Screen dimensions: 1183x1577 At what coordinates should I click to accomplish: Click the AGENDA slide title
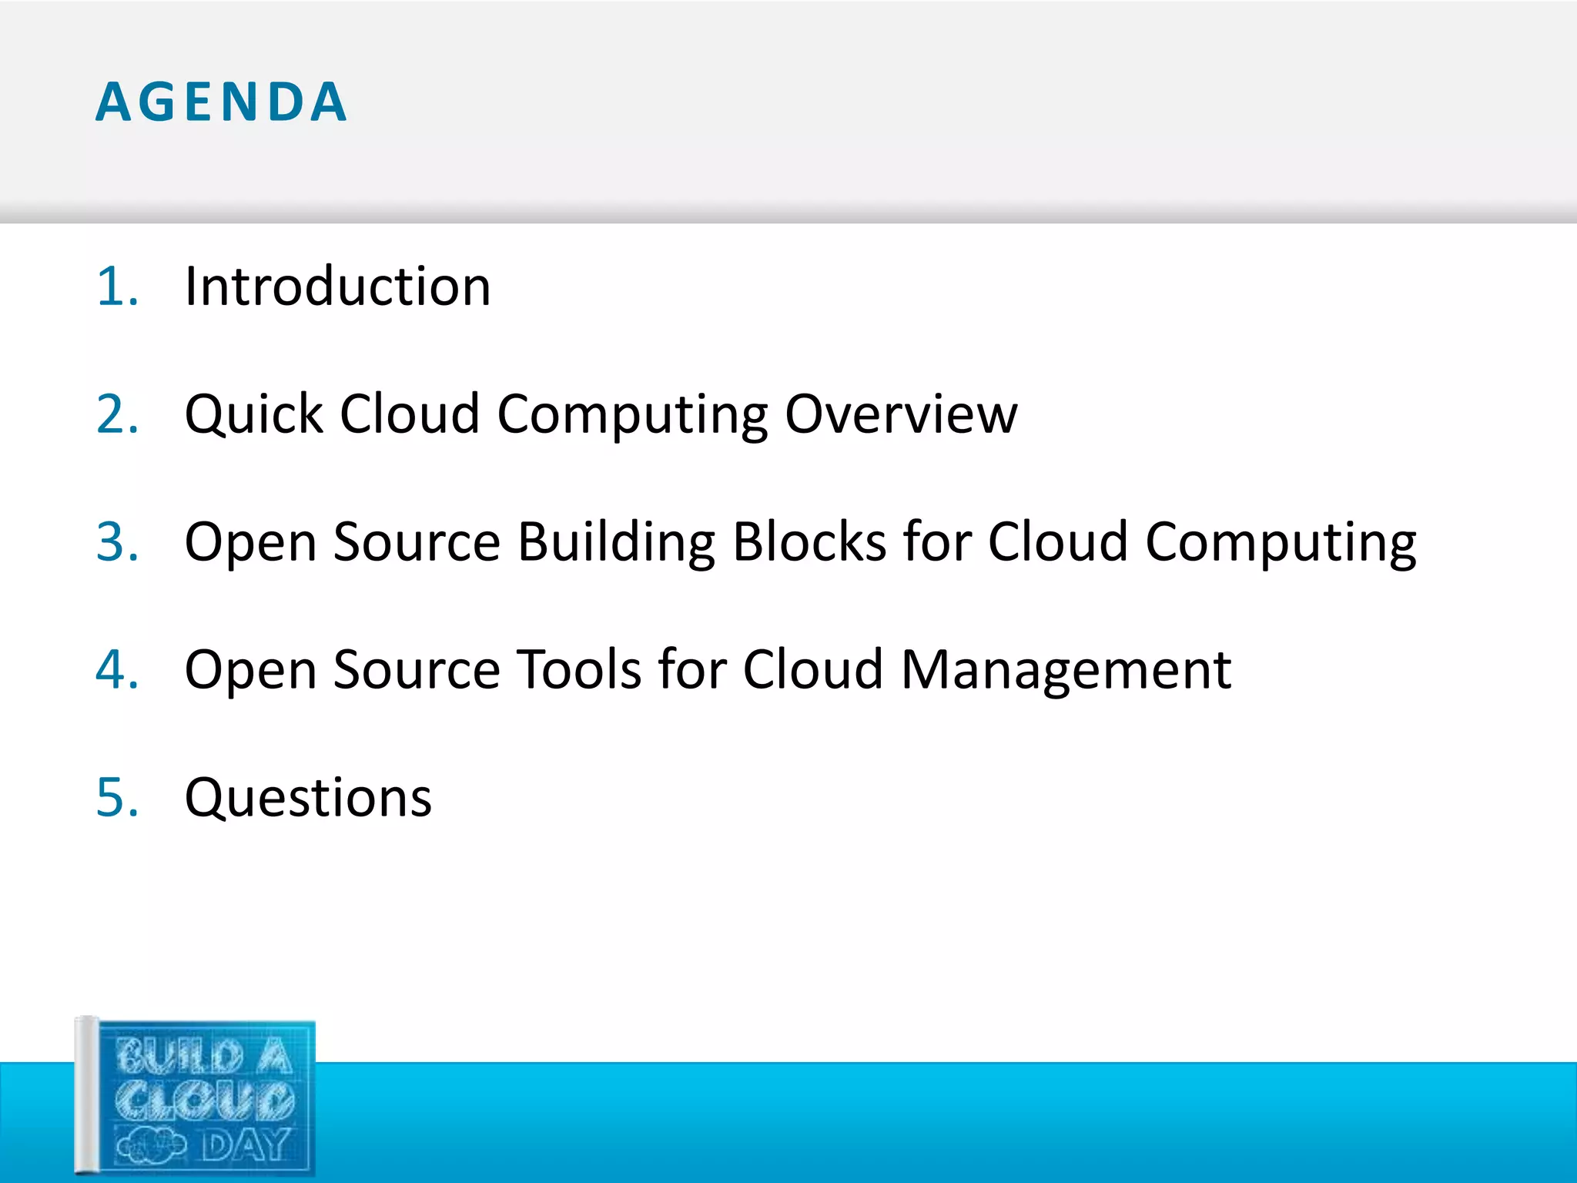coord(222,102)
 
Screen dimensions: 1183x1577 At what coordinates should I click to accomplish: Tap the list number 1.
coord(116,287)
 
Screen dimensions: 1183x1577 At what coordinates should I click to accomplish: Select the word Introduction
coord(337,287)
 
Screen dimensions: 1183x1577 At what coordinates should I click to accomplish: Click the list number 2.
coord(116,414)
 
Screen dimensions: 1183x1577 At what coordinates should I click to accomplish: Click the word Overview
coord(901,414)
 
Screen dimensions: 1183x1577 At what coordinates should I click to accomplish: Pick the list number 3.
coord(116,542)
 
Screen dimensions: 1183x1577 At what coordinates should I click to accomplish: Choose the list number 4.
coord(116,669)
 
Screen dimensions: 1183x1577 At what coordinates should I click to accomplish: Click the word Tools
coord(578,669)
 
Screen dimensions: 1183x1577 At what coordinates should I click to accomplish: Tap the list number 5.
coord(116,797)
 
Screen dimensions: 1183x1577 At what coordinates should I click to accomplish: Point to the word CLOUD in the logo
coord(205,1101)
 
